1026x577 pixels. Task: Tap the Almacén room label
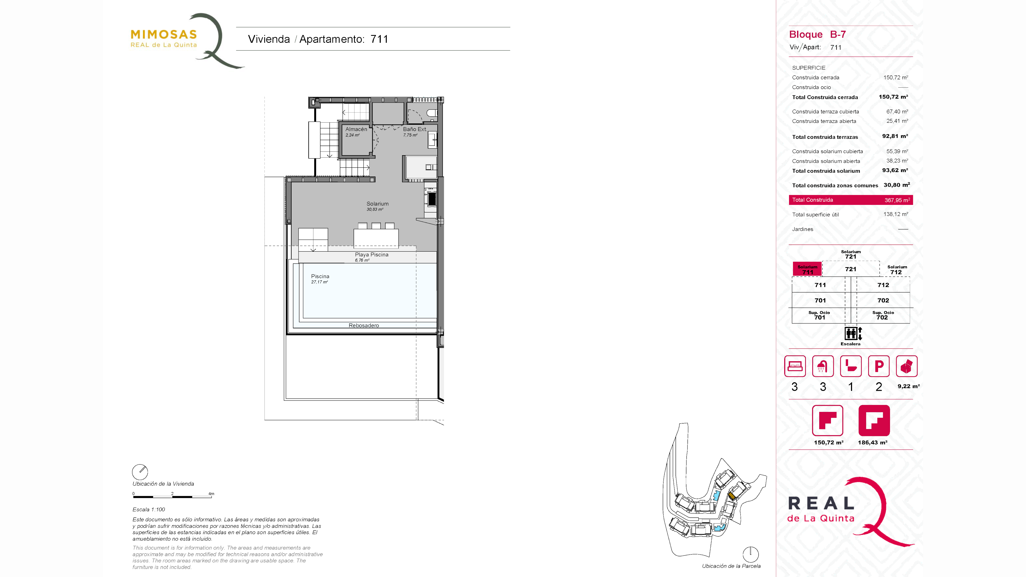(356, 129)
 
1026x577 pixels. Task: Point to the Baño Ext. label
(414, 129)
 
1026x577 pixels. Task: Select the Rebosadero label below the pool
(364, 325)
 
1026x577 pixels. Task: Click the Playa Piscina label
(372, 255)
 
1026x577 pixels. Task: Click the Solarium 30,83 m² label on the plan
(377, 206)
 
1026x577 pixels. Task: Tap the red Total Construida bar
(851, 200)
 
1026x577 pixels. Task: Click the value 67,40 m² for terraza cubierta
(897, 111)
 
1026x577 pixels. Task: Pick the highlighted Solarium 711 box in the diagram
(807, 270)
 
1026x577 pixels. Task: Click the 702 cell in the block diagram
(883, 300)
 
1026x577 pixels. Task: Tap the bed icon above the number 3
(795, 366)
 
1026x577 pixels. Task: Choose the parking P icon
(879, 366)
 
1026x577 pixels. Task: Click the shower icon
(822, 366)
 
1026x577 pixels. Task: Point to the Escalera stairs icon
(853, 333)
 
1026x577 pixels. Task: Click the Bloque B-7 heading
(817, 35)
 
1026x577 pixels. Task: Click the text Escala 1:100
(149, 509)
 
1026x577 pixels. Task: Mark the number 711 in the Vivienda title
(379, 39)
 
